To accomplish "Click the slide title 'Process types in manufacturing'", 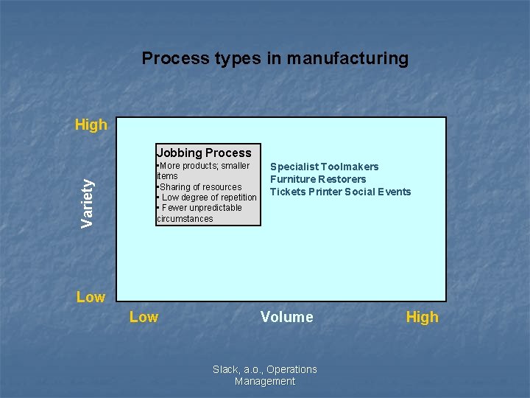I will [x=275, y=58].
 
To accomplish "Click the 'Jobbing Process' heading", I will [x=204, y=153].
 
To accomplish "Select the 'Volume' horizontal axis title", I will [x=286, y=317].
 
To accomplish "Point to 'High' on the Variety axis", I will [x=91, y=125].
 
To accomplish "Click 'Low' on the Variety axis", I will [x=91, y=297].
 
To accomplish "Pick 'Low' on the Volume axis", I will [x=144, y=317].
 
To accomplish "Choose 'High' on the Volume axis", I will [x=422, y=317].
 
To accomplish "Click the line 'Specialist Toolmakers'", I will [x=324, y=167].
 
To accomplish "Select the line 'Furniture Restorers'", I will [x=318, y=179].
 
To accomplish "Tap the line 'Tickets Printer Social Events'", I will [x=340, y=192].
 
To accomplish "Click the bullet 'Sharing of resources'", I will [x=199, y=187].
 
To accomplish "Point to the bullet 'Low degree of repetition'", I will [x=208, y=198].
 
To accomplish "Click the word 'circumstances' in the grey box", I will [x=185, y=218].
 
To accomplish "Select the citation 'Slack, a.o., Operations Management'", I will [x=265, y=375].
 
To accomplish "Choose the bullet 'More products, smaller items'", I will [x=203, y=171].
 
